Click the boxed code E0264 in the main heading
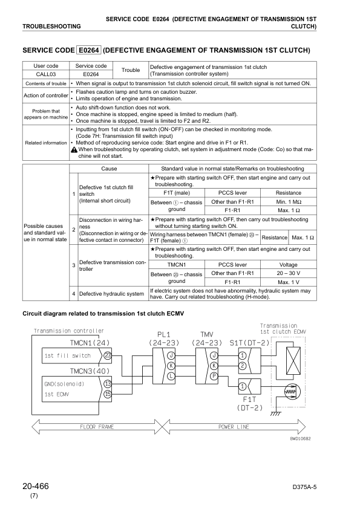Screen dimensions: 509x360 coord(88,50)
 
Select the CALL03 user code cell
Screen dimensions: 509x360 coord(46,74)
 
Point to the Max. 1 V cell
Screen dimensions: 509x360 coord(288,282)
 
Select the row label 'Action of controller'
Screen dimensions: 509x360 coord(46,96)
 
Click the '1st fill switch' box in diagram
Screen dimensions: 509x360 coord(67,355)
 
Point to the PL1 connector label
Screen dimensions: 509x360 coord(163,334)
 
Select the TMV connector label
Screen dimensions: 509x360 coord(206,334)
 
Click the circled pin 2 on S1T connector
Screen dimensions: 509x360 coord(242,365)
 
